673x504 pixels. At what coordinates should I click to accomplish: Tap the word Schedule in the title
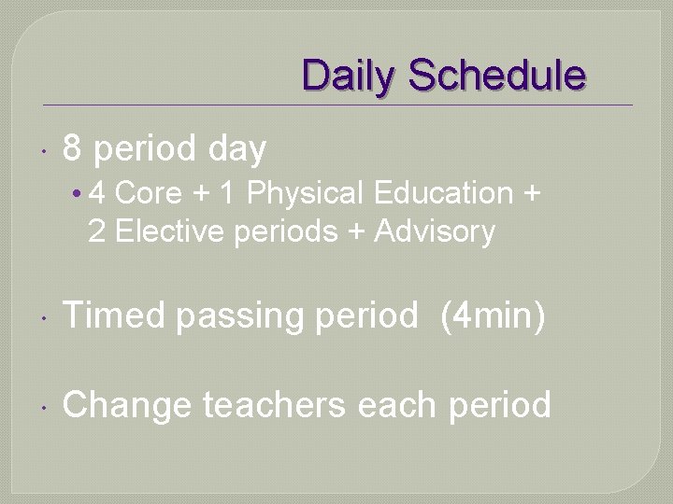tap(497, 76)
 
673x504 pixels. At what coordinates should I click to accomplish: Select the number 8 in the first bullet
tap(73, 148)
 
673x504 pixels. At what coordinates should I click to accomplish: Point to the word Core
tap(149, 193)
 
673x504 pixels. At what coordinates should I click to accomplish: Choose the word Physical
tap(306, 194)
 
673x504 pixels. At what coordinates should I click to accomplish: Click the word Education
tap(443, 193)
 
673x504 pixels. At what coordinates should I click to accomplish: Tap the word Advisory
tap(434, 231)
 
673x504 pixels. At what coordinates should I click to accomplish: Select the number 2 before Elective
tap(96, 231)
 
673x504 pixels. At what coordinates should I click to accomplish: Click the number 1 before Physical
tap(226, 193)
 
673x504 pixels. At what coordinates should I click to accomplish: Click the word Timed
tap(114, 315)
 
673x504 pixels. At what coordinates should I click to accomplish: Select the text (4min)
tap(492, 316)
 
